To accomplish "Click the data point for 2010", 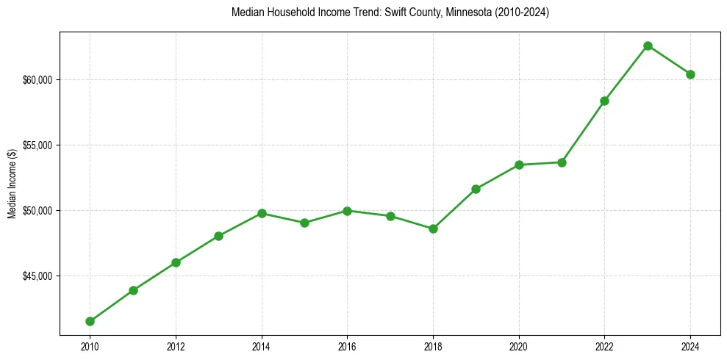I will coord(90,321).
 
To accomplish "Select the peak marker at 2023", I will coord(648,46).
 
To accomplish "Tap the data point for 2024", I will coord(690,74).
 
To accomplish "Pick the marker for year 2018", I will coord(433,228).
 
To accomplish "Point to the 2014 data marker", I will coord(262,213).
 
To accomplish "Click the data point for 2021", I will coord(562,162).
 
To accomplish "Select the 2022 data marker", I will coord(604,101).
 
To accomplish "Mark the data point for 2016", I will coord(347,211).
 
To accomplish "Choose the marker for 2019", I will coord(476,189).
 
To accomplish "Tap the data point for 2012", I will coord(176,262).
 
